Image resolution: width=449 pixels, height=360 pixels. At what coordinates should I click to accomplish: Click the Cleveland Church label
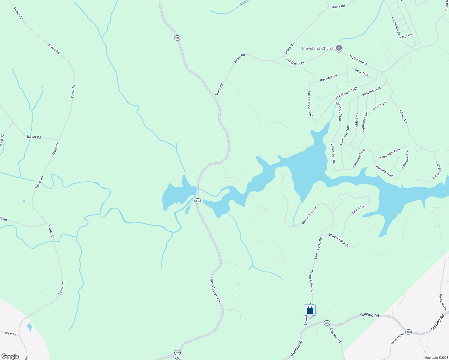click(x=318, y=48)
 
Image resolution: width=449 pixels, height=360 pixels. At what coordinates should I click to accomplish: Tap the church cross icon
click(x=339, y=48)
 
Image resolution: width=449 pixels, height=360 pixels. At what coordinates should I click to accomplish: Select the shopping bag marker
click(x=310, y=310)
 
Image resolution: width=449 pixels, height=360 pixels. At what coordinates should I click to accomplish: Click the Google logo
click(x=10, y=356)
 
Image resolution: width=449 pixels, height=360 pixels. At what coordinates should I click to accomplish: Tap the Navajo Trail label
click(x=328, y=78)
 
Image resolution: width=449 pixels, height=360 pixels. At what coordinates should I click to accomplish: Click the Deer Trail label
click(x=361, y=73)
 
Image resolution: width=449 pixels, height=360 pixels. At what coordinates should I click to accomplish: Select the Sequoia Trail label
click(x=371, y=91)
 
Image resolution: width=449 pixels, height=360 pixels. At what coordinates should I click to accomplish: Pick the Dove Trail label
click(x=379, y=106)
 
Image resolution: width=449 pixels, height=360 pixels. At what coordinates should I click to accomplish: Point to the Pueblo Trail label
click(x=356, y=121)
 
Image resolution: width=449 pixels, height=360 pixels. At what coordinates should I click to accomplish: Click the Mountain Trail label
click(x=390, y=154)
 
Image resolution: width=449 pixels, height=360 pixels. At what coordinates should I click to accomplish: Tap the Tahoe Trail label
click(x=359, y=209)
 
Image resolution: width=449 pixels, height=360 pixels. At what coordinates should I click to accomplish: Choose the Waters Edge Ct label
click(x=339, y=240)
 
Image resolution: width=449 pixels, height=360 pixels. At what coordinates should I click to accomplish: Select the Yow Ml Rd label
click(x=33, y=137)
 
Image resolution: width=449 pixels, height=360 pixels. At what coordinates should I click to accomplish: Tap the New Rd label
click(x=11, y=334)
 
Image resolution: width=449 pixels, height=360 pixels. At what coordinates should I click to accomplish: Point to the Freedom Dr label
click(x=443, y=302)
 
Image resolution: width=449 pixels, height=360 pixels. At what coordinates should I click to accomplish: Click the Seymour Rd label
click(x=336, y=335)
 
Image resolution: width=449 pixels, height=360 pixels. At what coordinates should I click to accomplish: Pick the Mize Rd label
click(x=406, y=36)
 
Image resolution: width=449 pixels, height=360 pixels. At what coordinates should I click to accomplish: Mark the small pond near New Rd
click(x=29, y=327)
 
